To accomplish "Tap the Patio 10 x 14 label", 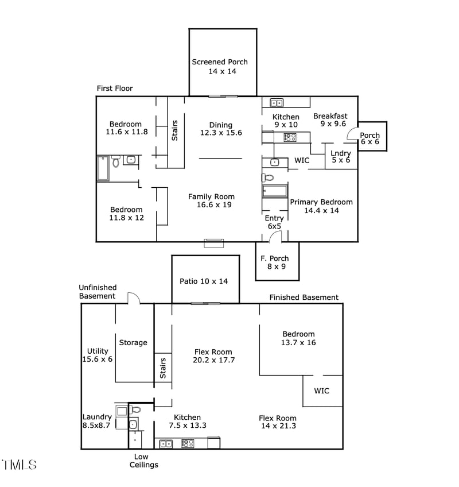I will (204, 281).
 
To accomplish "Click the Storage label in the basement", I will (133, 343).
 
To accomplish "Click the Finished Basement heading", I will (304, 297).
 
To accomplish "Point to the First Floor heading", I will (115, 88).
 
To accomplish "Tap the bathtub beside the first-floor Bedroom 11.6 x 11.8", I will (103, 168).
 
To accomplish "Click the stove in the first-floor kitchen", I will (290, 137).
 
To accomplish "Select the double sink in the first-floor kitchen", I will (277, 103).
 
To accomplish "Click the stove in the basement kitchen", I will (188, 443).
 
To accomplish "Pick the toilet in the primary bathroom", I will (268, 177).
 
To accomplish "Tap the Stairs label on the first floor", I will (175, 130).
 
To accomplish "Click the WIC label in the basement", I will (322, 391).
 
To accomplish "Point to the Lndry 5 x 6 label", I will (341, 157).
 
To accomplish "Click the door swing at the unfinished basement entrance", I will (134, 298).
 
